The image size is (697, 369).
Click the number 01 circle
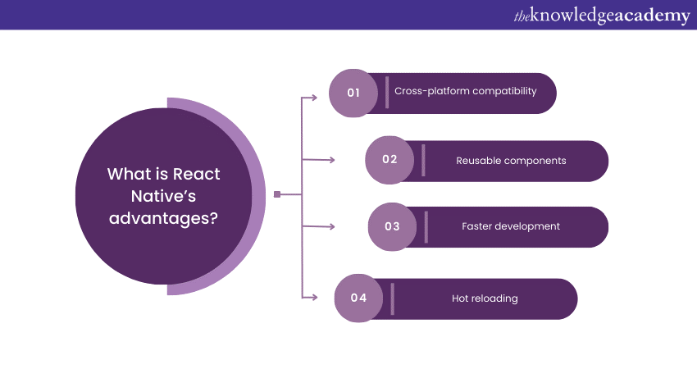point(353,93)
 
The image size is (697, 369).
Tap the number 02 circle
point(389,160)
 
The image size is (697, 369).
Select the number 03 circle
point(392,227)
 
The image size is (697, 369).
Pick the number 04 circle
point(358,298)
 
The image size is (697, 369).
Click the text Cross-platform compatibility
point(466,91)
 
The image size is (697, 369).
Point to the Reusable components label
point(511,161)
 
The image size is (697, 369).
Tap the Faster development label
point(511,226)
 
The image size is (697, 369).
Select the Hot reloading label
point(485,298)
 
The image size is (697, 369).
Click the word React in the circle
point(196,174)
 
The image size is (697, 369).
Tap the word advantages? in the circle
point(163,218)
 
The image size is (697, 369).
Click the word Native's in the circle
point(163,196)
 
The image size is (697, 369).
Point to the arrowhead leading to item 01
point(314,98)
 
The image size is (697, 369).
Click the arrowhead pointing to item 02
point(331,160)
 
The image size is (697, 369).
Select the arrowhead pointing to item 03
point(331,227)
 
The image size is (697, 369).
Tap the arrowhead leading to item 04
point(314,297)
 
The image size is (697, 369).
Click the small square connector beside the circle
point(277,194)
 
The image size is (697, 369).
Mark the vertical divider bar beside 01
point(387,92)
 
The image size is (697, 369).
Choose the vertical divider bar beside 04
point(392,298)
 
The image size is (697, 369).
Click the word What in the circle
point(126,174)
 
